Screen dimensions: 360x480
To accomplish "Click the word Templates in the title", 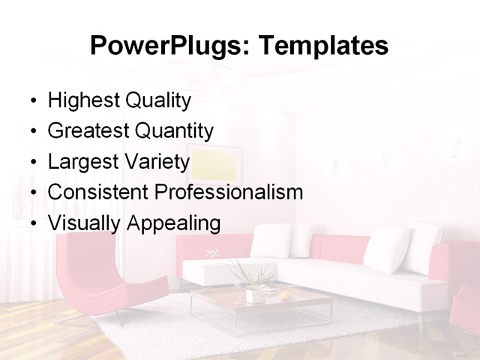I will tap(322, 46).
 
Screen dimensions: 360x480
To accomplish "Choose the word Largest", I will tap(79, 162).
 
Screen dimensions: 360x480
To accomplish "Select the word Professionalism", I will tap(228, 192).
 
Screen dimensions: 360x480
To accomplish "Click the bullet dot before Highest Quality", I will tap(32, 101).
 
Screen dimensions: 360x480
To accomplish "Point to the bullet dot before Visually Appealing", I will tap(32, 223).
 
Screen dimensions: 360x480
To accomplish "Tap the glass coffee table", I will tap(262, 304).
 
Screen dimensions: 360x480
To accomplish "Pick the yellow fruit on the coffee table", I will tap(285, 295).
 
